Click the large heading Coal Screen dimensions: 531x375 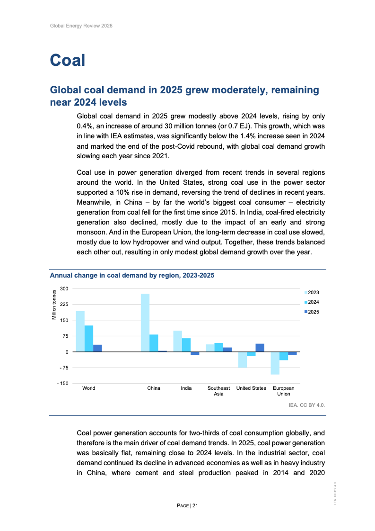pos(68,61)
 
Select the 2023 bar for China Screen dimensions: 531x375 pos(145,323)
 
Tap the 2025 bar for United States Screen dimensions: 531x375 pos(260,348)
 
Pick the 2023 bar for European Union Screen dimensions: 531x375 pos(275,363)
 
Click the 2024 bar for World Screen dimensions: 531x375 pos(89,339)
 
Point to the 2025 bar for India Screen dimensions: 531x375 pos(195,353)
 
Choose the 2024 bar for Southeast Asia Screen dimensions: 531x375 pos(218,347)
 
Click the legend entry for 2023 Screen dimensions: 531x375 pos(312,293)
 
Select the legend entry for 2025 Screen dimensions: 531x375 pos(312,312)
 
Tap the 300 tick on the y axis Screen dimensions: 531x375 pos(64,289)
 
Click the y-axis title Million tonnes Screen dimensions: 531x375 pos(54,304)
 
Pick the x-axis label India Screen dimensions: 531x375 pos(186,388)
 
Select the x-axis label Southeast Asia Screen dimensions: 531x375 pos(218,391)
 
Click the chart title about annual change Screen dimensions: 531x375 pos(132,275)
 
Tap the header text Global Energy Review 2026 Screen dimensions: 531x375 pos(81,26)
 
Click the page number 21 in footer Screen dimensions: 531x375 pos(195,506)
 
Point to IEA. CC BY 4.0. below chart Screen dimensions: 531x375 pos(307,405)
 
